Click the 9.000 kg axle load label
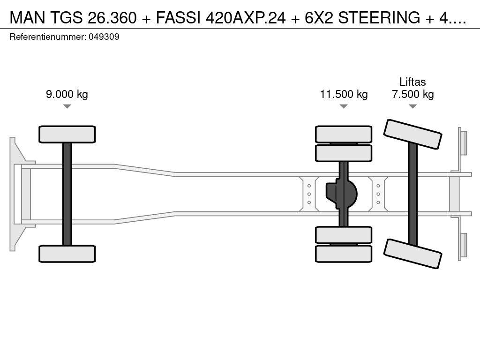pyautogui.click(x=67, y=94)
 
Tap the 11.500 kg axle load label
pyautogui.click(x=344, y=94)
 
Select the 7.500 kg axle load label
pyautogui.click(x=412, y=94)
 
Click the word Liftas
pyautogui.click(x=412, y=82)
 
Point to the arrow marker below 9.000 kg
pyautogui.click(x=67, y=106)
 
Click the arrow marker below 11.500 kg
pyautogui.click(x=344, y=106)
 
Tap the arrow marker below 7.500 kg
pyautogui.click(x=412, y=106)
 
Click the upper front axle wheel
pyautogui.click(x=67, y=134)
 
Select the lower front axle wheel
pyautogui.click(x=67, y=254)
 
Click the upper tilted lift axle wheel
pyautogui.click(x=412, y=134)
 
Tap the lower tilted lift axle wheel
pyautogui.click(x=412, y=254)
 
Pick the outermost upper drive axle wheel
pyautogui.click(x=344, y=134)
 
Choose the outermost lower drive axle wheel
pyautogui.click(x=344, y=254)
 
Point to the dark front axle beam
pyautogui.click(x=67, y=194)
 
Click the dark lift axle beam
pyautogui.click(x=412, y=194)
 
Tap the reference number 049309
pyautogui.click(x=104, y=37)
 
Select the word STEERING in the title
pyautogui.click(x=370, y=18)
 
